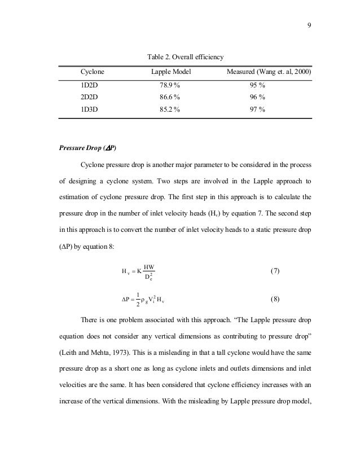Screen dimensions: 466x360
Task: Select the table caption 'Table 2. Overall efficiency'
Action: point(186,58)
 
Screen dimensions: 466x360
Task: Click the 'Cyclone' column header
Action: point(93,73)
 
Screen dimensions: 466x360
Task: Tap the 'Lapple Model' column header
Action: point(172,73)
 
